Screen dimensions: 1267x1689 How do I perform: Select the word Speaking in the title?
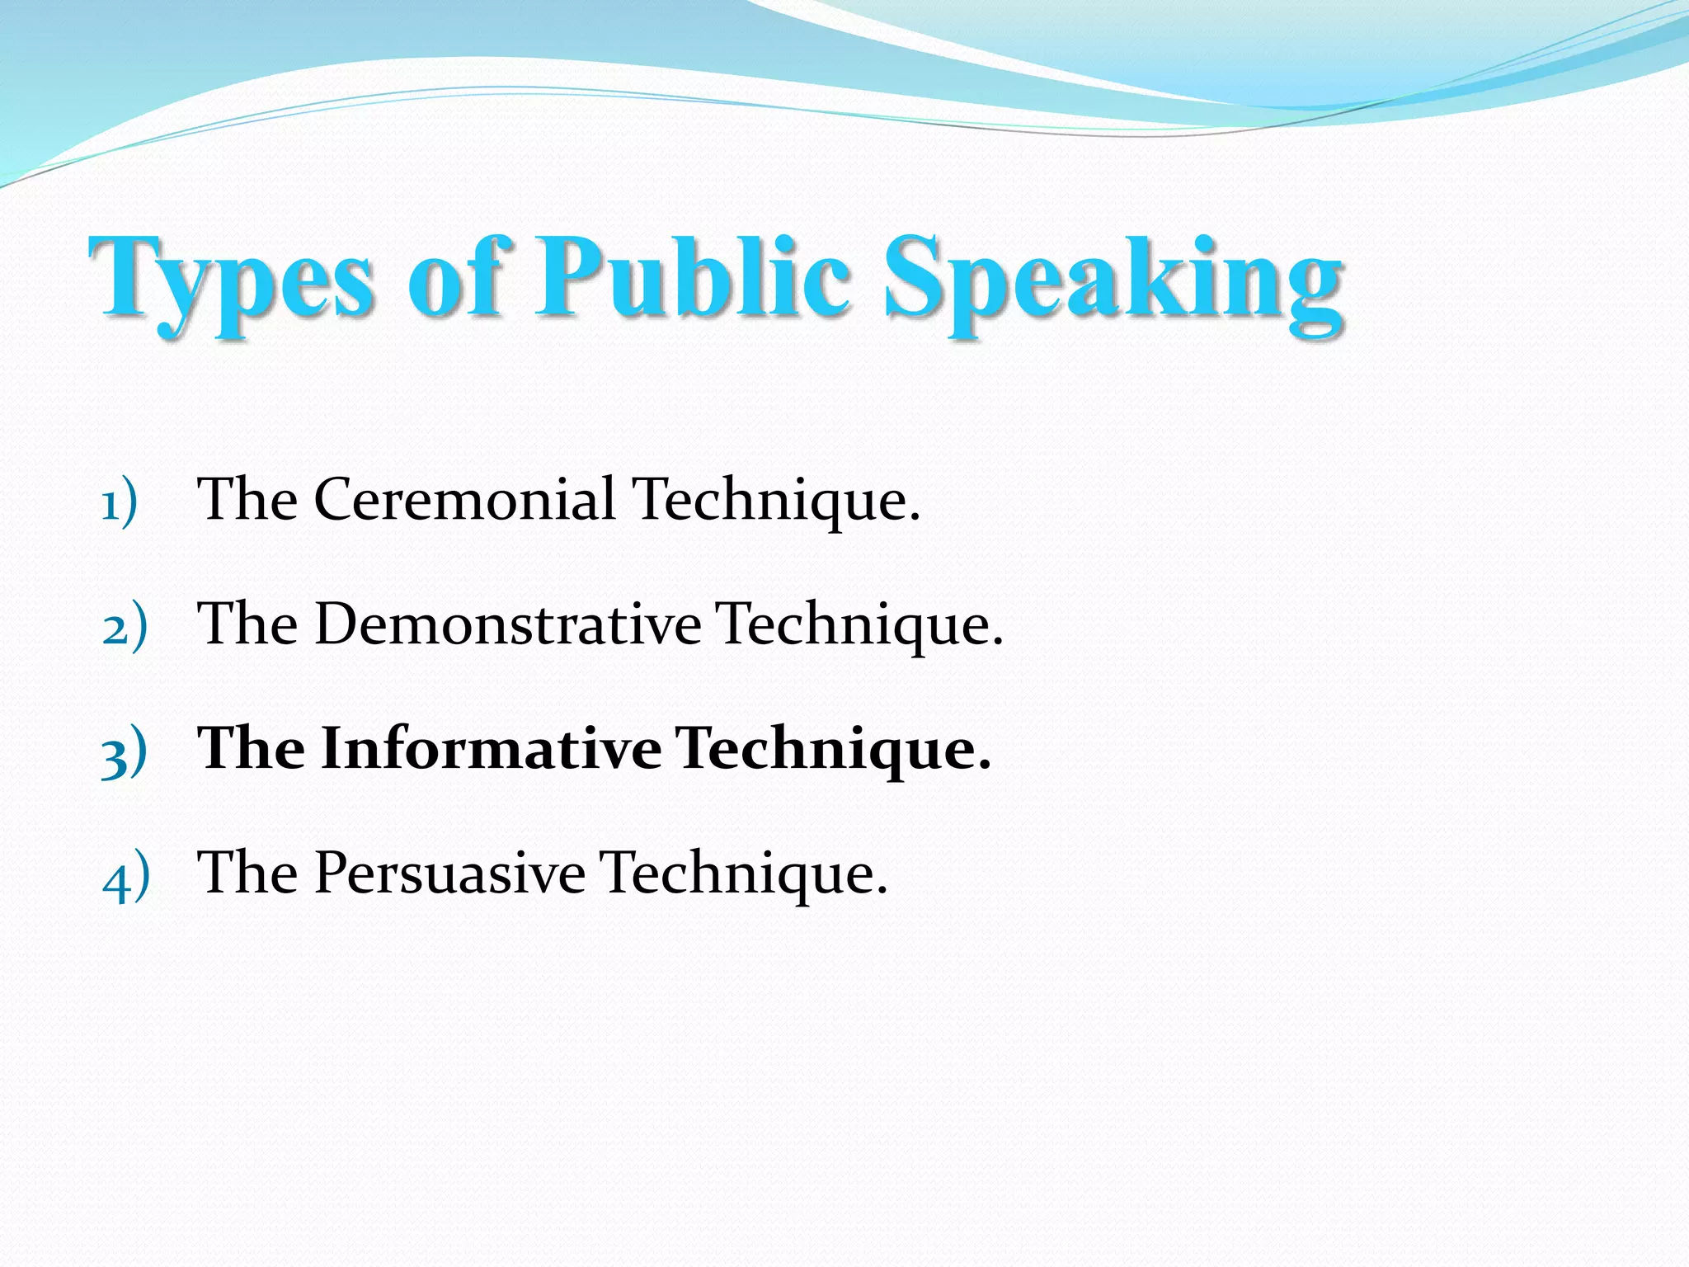coord(1113,280)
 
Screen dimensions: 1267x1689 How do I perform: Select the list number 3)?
coord(124,751)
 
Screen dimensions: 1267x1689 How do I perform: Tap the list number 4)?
coord(126,875)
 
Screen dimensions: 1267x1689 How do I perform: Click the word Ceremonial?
coord(464,500)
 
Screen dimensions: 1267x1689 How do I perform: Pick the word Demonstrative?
coord(507,624)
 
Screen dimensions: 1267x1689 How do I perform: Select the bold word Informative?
coord(491,749)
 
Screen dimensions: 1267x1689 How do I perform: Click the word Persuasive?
coord(449,873)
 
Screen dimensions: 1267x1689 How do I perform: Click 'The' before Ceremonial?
coord(247,500)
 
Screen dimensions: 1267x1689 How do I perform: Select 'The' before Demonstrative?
coord(247,624)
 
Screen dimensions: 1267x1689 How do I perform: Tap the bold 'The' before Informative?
coord(251,749)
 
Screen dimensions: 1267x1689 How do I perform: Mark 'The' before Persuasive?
coord(247,873)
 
